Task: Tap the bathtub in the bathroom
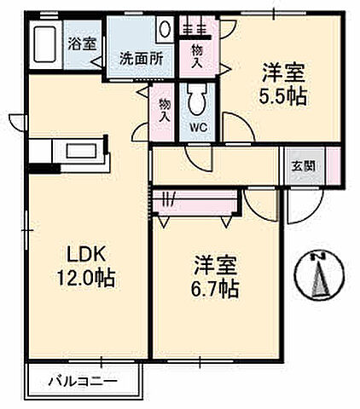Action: [44, 44]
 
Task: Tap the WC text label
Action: [198, 128]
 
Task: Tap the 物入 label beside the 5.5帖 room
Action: [198, 57]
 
